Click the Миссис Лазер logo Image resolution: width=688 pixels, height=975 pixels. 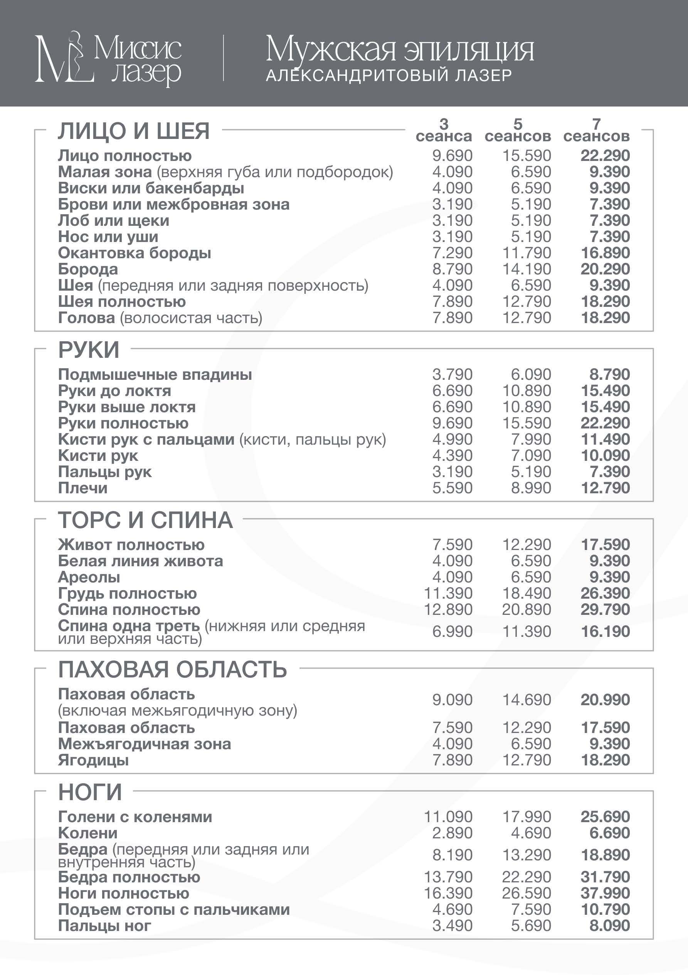(108, 59)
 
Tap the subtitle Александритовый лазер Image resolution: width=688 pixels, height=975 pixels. (389, 76)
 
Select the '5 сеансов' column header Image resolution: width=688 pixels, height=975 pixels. (518, 130)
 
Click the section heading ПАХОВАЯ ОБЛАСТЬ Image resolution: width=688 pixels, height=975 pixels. (172, 670)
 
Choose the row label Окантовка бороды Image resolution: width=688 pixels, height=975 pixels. (135, 253)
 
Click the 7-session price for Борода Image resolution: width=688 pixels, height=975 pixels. (605, 269)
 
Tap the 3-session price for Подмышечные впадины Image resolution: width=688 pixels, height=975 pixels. (452, 374)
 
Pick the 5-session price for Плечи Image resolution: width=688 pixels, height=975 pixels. (531, 488)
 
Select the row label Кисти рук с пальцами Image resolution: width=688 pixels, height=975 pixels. (146, 440)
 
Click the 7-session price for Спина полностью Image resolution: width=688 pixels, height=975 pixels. (605, 610)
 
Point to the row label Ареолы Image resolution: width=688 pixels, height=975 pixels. (89, 577)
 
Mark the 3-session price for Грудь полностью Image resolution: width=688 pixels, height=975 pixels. (448, 594)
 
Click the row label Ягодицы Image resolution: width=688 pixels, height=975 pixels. (93, 760)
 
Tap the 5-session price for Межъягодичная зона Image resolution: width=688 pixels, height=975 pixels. (531, 744)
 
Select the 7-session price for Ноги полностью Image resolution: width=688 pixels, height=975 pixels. (605, 893)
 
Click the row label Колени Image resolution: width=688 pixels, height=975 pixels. (88, 833)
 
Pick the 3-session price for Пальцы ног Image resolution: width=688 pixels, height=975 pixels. (452, 926)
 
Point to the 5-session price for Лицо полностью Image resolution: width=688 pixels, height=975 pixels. (527, 156)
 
